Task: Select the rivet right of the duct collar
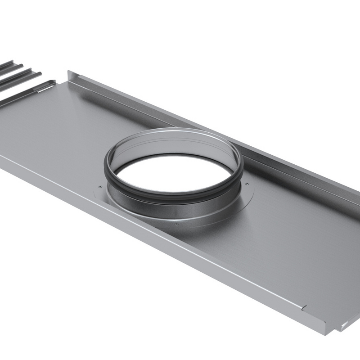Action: (247, 183)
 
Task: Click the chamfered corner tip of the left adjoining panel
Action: (54, 81)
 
